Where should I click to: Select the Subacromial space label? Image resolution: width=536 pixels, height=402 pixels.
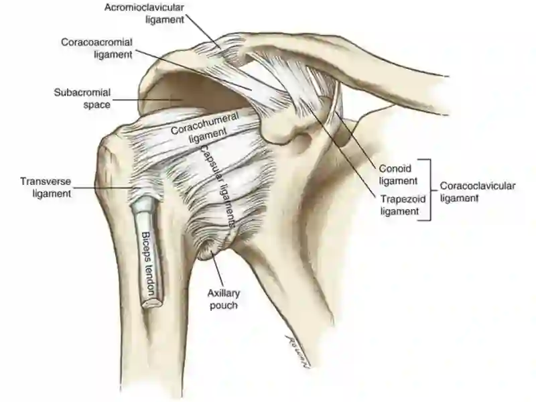(82, 98)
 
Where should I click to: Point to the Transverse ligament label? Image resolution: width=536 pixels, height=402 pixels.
(46, 188)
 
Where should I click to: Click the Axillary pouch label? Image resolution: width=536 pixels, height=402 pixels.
(222, 299)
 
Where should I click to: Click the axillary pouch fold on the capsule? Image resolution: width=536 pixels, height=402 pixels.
(209, 252)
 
